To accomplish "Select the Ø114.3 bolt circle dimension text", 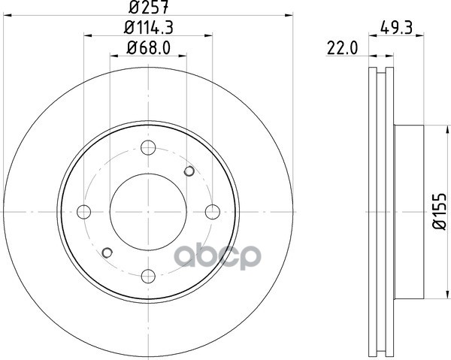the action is [x=148, y=28].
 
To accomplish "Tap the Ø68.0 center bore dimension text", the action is [x=148, y=48].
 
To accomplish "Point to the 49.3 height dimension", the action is [x=396, y=28].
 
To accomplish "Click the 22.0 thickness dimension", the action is [x=342, y=48].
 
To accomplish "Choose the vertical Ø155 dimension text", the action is [x=439, y=211].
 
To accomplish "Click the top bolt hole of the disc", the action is [x=148, y=147].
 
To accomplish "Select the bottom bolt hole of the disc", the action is [x=148, y=277].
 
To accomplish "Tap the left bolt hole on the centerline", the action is [x=84, y=212].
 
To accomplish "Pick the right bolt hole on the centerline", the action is [x=213, y=212].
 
